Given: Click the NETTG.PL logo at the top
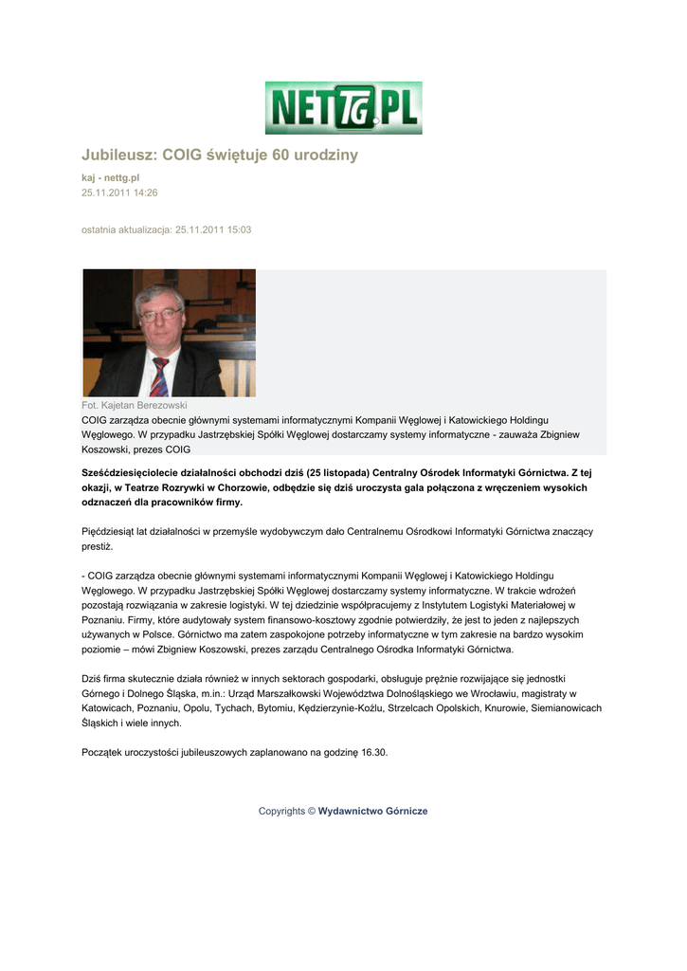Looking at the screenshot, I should coord(343,107).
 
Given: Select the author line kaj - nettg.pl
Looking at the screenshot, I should coord(110,177).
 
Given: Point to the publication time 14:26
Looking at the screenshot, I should coord(145,192).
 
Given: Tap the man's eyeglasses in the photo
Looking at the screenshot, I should coord(160,314).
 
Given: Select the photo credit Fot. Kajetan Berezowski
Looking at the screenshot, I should coord(135,405).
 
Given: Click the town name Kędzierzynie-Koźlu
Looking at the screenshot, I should coord(337,708).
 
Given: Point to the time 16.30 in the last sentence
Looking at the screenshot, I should coord(373,752).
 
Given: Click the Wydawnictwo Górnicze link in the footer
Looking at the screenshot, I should coord(372,811).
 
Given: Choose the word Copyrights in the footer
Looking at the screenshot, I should coord(281,811).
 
